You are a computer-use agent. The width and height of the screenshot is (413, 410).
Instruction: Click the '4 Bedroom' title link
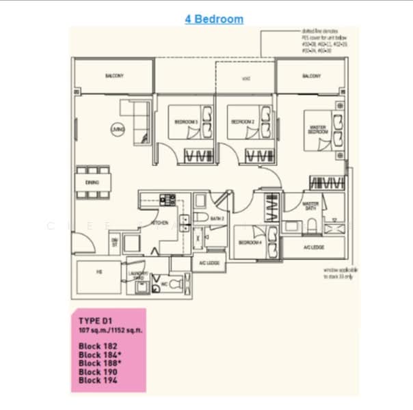click(214, 19)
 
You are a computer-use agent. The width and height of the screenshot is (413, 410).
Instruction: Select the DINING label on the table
click(92, 182)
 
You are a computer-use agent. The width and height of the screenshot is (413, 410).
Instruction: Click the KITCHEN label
click(159, 223)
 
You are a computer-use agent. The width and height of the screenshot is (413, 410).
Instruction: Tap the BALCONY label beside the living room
click(114, 76)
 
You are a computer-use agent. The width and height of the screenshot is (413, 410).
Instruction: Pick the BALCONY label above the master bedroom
click(311, 76)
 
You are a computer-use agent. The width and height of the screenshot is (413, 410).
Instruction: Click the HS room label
click(99, 272)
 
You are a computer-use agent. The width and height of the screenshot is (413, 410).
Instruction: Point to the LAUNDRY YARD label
click(138, 275)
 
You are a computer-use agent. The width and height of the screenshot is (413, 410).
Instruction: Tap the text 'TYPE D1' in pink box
click(96, 320)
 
